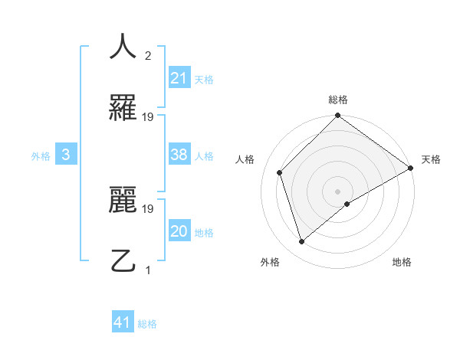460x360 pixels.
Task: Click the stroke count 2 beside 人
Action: [x=148, y=56]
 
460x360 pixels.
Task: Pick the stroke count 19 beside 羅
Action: [x=148, y=116]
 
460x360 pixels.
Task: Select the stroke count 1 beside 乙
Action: [x=148, y=270]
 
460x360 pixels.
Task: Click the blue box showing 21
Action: [x=179, y=77]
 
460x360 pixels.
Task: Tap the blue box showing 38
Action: [x=179, y=155]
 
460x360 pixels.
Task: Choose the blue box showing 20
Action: [x=179, y=231]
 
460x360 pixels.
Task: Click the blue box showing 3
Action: [x=66, y=155]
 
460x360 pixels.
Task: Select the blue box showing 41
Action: [x=123, y=322]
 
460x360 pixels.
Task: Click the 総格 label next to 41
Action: [x=147, y=324]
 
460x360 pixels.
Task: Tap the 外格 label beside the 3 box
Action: [x=41, y=156]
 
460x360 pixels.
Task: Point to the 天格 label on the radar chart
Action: [x=431, y=159]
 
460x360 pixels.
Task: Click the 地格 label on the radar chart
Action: [x=402, y=262]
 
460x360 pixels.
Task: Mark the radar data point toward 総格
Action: [x=337, y=116]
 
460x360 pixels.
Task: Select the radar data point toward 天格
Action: [x=410, y=168]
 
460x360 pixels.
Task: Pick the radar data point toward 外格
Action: [x=302, y=241]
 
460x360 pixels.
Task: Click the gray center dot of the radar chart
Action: [x=337, y=191]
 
